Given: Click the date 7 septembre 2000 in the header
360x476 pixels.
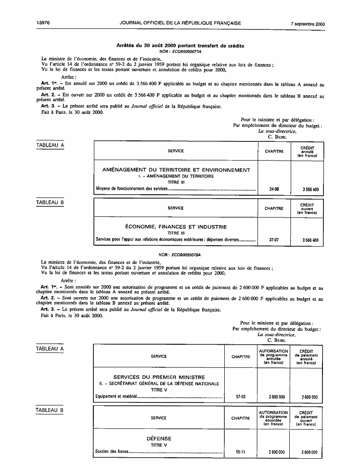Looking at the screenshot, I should (309, 23).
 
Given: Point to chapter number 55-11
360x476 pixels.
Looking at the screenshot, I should (240, 452).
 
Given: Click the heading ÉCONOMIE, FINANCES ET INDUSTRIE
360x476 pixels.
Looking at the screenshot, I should (176, 226).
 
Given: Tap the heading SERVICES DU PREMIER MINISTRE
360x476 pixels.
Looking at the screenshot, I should (159, 377).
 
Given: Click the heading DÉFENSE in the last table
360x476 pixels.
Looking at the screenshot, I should (159, 438).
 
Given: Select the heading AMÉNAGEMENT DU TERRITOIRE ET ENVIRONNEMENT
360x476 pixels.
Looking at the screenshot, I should (176, 170).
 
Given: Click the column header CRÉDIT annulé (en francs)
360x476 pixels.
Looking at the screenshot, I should (307, 151).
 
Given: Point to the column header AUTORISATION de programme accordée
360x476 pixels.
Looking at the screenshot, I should (273, 418).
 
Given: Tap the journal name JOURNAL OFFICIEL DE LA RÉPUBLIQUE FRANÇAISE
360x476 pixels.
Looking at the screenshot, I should (180, 23).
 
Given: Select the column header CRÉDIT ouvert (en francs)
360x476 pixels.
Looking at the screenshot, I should (307, 208).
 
